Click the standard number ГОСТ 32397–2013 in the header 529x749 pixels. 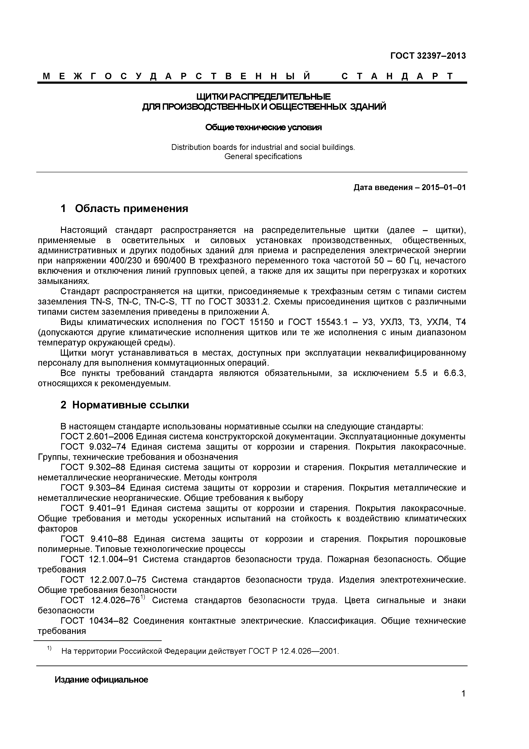(x=428, y=56)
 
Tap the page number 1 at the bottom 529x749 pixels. (x=463, y=703)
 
